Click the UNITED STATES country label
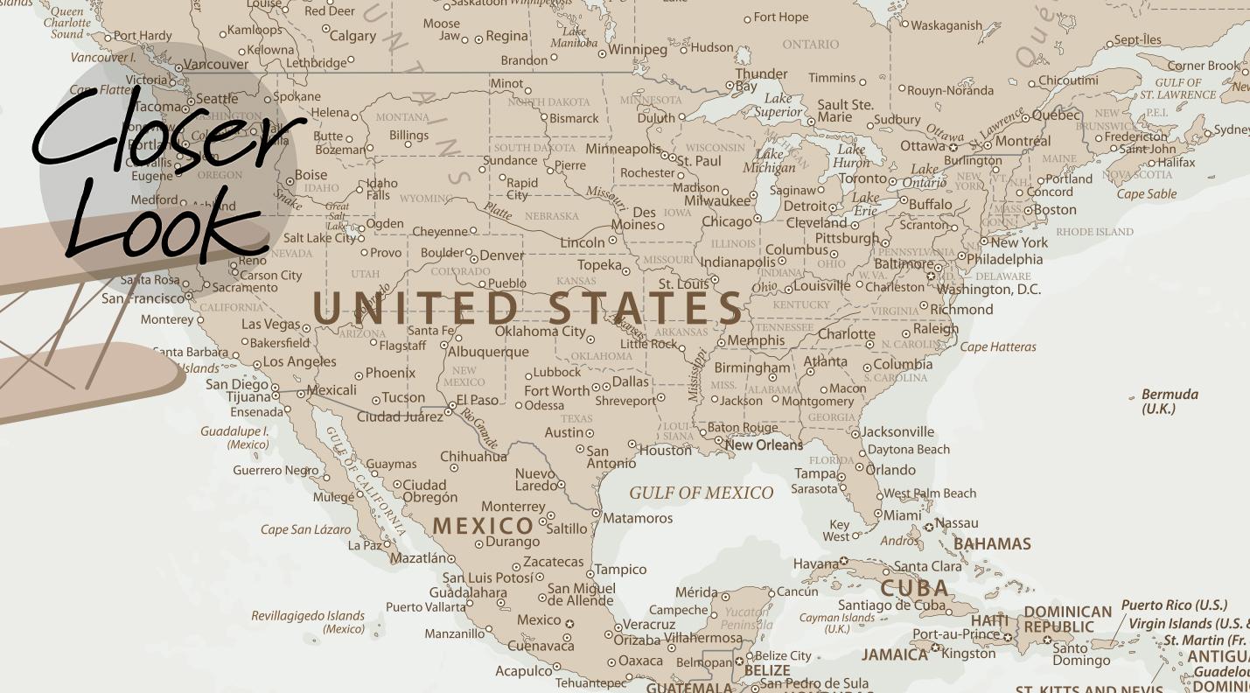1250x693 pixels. [528, 308]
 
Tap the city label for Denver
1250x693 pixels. [502, 255]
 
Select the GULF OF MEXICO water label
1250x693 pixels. [702, 493]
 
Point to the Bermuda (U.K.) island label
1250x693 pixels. [1170, 402]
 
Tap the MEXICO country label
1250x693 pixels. [484, 526]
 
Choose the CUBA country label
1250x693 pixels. [914, 588]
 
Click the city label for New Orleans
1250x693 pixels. [764, 444]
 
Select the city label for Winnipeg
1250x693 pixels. [638, 49]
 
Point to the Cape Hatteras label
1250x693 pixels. [998, 347]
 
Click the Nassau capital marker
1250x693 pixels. [929, 527]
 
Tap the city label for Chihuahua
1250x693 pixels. [473, 456]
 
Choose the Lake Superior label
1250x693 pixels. [778, 105]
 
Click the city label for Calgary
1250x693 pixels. [353, 36]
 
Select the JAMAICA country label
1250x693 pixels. [894, 654]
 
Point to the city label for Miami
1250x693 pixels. [901, 515]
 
